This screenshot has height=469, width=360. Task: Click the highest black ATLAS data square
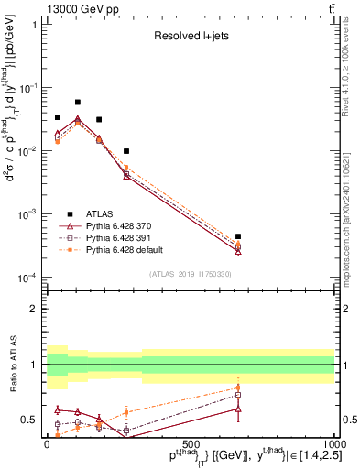tap(78, 103)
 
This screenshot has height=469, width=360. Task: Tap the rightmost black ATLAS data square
tap(238, 236)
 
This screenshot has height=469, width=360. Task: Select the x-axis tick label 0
tap(47, 443)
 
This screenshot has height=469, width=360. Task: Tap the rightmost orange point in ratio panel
tap(238, 387)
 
